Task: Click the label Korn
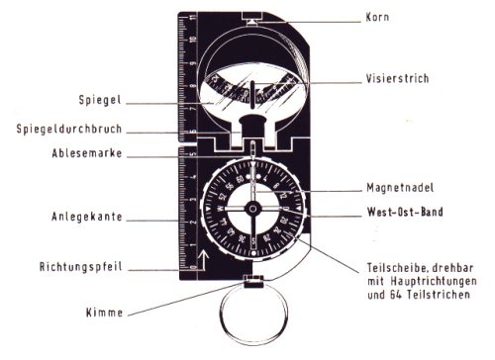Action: point(377,17)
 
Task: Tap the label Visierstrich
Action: point(397,78)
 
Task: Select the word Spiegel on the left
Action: point(100,100)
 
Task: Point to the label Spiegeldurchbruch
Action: point(69,129)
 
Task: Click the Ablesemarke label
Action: point(87,153)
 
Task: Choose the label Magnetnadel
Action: point(400,188)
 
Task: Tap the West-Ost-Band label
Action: point(405,212)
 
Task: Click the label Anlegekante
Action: point(87,217)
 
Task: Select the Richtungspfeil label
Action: point(81,267)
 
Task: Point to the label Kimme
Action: point(104,313)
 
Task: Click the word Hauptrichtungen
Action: point(434,281)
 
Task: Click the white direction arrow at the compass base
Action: point(202,260)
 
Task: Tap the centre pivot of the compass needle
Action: point(253,209)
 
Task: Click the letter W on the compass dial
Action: point(220,209)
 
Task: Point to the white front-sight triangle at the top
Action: point(252,22)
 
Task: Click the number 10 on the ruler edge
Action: point(193,40)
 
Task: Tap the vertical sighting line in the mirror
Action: point(252,95)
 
